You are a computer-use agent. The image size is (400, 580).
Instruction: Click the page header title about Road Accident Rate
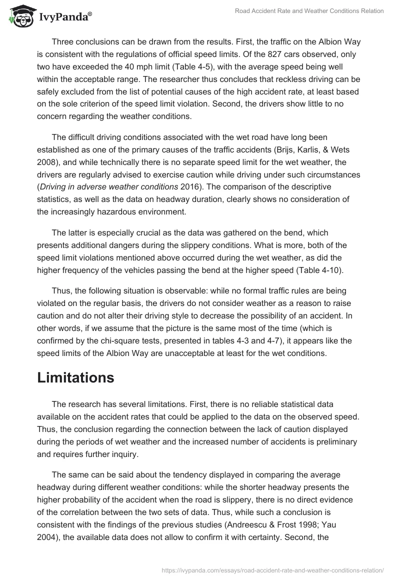click(x=309, y=11)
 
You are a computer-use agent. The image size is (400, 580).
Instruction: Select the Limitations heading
click(x=75, y=378)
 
